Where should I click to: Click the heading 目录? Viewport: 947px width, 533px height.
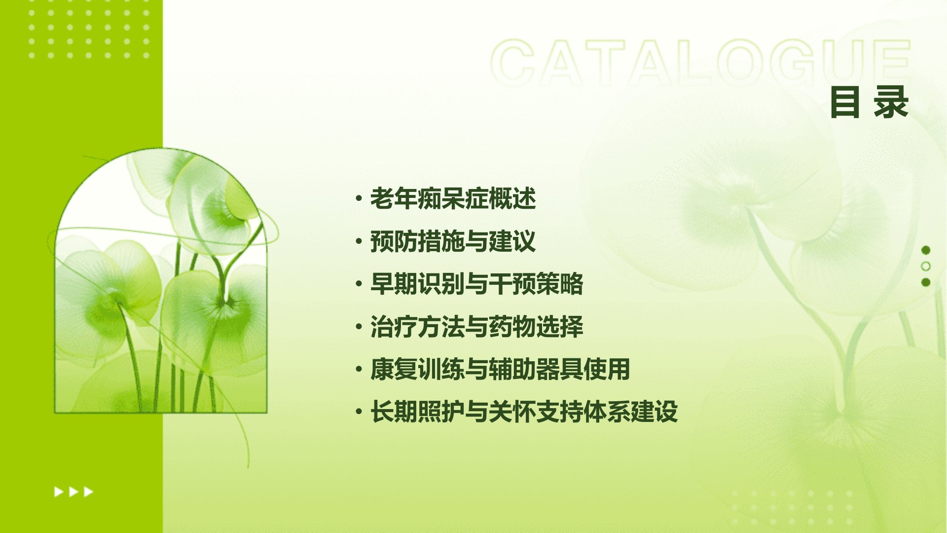pos(869,102)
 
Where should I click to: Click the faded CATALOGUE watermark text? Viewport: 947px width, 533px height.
pos(701,63)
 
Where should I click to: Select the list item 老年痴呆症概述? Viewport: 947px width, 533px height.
pos(453,198)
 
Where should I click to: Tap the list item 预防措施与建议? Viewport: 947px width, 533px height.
pos(453,241)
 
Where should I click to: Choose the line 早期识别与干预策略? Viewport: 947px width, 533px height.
pos(476,284)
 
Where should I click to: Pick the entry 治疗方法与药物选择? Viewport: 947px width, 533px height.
pos(476,327)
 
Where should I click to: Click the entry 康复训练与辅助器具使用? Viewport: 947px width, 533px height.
pos(500,369)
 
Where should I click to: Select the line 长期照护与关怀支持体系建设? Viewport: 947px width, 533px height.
pos(524,412)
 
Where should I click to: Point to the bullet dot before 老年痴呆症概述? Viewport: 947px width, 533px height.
pos(359,199)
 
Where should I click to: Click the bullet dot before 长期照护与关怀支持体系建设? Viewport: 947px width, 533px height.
pos(359,412)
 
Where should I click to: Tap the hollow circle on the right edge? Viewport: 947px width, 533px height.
pos(926,266)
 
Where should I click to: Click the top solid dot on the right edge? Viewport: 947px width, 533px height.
pos(926,250)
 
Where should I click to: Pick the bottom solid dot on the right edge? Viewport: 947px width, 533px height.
pos(926,282)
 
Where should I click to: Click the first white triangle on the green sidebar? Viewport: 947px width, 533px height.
pos(58,492)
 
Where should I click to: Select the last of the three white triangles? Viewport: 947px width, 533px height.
pos(88,492)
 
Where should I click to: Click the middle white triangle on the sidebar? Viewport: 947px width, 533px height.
pos(73,492)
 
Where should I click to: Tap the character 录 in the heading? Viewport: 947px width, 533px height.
pos(891,102)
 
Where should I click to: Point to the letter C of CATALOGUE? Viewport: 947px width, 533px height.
pos(513,63)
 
